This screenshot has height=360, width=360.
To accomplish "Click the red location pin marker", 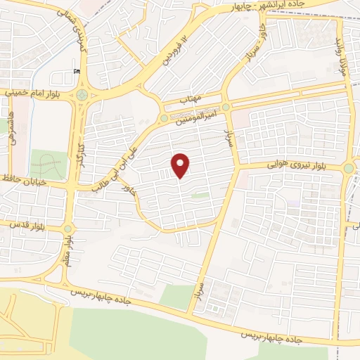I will (x=181, y=166).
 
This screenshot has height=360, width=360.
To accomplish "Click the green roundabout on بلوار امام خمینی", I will (x=83, y=94).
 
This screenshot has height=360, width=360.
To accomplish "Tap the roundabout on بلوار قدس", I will (x=68, y=229).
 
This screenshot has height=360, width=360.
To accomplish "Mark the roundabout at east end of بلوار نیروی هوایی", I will (x=349, y=168).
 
